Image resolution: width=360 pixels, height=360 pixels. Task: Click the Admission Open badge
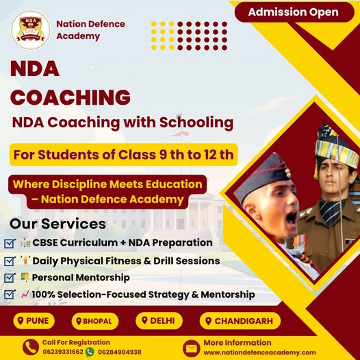coord(294,12)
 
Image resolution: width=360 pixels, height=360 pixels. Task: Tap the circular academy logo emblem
coord(31,30)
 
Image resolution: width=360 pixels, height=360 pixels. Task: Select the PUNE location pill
coord(34,321)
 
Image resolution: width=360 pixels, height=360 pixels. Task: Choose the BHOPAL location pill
coord(95,321)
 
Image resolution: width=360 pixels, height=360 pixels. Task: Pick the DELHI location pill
coord(159,320)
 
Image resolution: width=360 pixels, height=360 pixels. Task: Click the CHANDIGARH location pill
coord(240,321)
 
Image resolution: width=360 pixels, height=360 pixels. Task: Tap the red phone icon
coord(31,347)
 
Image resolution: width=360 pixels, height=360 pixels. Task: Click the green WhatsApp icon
coord(90,352)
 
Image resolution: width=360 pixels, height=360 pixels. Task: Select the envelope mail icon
coord(191,348)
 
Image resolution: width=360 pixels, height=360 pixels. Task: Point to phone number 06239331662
coord(63,352)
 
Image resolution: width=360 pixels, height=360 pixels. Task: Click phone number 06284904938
coord(120,352)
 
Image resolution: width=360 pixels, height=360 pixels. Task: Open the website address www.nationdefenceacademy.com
coord(259,352)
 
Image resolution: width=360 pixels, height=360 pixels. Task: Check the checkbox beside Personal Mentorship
coord(10,278)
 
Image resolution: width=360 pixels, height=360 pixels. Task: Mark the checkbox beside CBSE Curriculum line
coord(10,244)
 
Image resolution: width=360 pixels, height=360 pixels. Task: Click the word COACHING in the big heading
coord(70,97)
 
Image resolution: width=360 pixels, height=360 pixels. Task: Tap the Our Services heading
coord(57,224)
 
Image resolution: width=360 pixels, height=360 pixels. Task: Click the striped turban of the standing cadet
coord(336,147)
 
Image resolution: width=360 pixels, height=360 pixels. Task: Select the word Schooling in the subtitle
coord(196,123)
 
